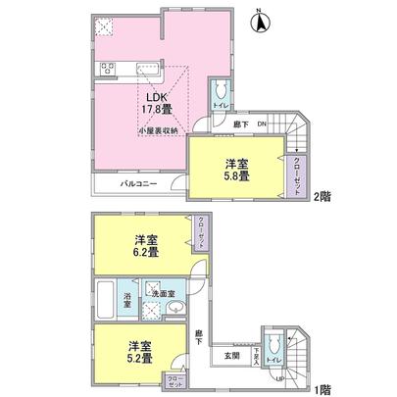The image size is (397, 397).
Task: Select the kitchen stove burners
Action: tap(107, 69)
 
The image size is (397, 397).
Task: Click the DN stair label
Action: tap(262, 124)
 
